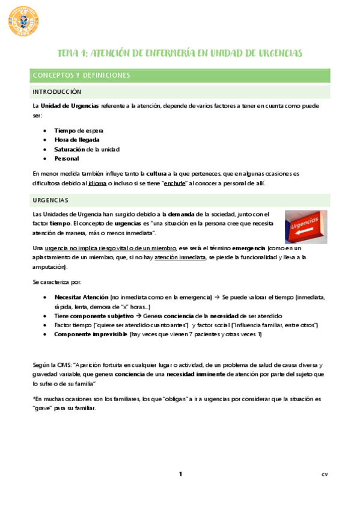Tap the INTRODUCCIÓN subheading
56,92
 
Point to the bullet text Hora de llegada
77,140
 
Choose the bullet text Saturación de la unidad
87,149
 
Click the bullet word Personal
67,158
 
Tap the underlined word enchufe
174,183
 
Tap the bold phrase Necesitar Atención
81,297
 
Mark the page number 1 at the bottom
180,475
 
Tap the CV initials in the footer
324,475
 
